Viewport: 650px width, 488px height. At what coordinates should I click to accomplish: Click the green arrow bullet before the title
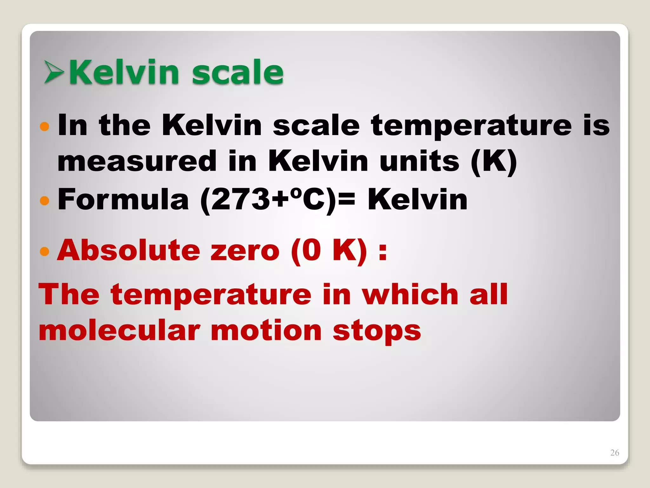pos(54,72)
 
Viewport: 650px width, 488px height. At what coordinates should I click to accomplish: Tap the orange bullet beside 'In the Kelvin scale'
pos(45,126)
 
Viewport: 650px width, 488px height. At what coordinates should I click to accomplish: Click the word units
pos(419,161)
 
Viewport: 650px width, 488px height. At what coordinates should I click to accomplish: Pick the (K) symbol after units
pos(494,162)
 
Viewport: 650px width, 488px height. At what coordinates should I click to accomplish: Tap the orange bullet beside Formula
pos(45,200)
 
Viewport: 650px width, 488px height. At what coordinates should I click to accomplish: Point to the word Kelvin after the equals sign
pos(417,200)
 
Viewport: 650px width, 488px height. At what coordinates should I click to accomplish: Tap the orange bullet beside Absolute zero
pos(45,251)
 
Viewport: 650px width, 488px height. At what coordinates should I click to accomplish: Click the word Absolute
pos(129,250)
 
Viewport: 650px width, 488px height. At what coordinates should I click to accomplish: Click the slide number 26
pos(614,453)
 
